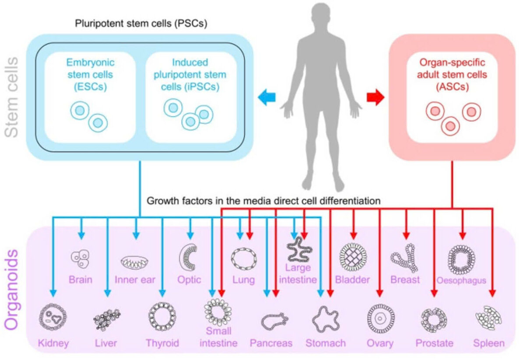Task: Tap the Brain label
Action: click(x=81, y=279)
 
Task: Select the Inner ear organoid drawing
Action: click(x=135, y=262)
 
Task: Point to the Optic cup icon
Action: click(x=189, y=257)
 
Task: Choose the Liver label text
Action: click(x=106, y=343)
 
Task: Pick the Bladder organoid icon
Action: click(x=353, y=257)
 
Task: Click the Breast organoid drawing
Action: click(x=404, y=259)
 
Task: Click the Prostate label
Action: click(x=434, y=343)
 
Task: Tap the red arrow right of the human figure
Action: click(x=375, y=97)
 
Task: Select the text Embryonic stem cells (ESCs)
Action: click(x=91, y=74)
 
